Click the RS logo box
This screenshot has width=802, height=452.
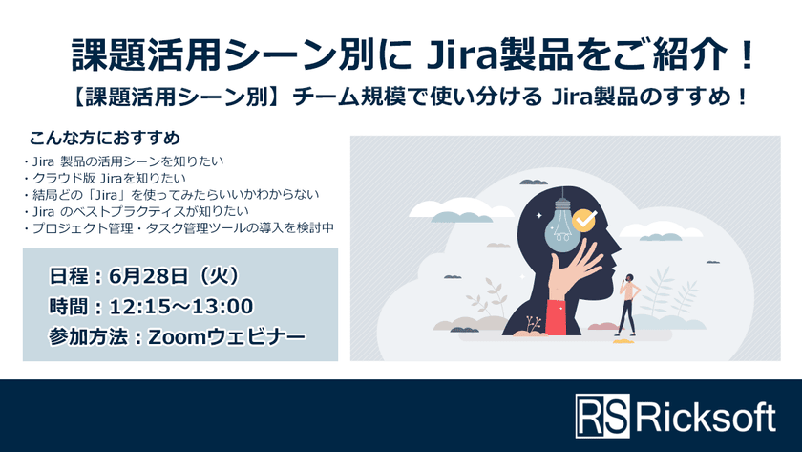pos(602,417)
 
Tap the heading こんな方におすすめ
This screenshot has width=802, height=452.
pos(105,137)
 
